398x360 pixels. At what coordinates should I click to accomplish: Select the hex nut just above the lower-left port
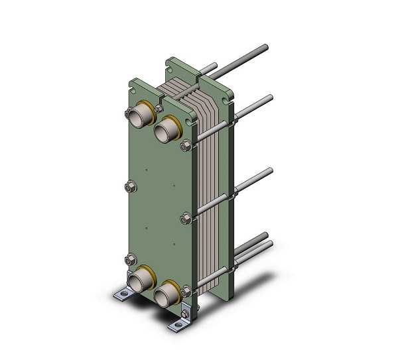pos(130,259)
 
